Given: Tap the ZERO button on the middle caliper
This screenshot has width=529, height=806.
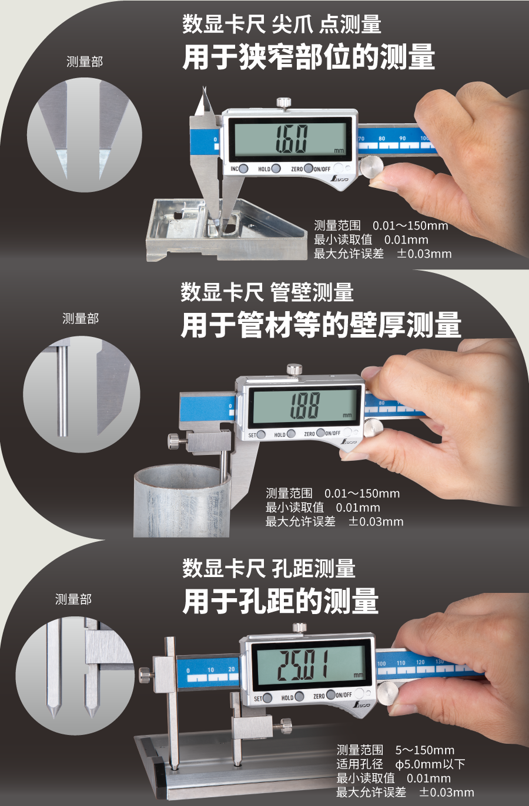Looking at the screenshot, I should pos(321,433).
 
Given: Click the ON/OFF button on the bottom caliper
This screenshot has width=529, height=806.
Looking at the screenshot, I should pos(331,695).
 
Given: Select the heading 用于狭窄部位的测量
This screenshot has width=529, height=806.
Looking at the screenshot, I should pos(308,58).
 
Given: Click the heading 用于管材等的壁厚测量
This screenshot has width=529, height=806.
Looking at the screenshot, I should pos(321,325).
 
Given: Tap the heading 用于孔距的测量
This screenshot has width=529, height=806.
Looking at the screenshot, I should pos(280,602).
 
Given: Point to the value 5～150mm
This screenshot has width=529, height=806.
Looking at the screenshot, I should pos(424,750).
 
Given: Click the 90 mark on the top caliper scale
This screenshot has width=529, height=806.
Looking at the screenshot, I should pos(403,139).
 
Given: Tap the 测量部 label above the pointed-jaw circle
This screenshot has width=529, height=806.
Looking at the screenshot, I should pos(85,62).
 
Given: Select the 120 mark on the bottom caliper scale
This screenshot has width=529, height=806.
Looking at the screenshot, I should pos(420,662).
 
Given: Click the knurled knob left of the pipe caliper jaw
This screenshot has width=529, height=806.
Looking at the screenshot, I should pos(173,440).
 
